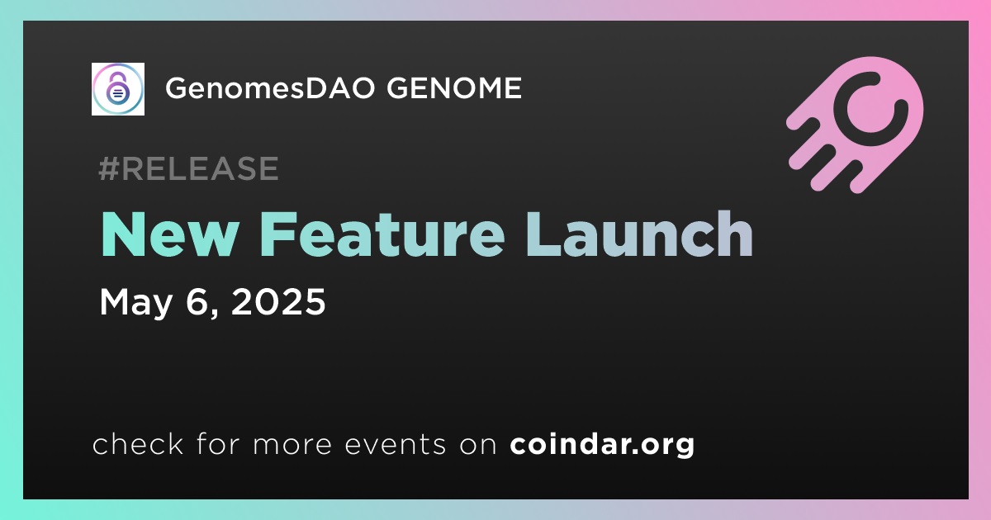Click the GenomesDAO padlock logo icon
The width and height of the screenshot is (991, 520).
coord(117,89)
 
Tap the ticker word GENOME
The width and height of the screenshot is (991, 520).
coord(454,87)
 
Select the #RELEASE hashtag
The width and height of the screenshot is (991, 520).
coord(188,168)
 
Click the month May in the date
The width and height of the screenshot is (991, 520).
coord(135,304)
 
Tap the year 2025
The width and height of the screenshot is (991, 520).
coord(278,301)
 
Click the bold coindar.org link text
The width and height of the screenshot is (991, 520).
coord(602,444)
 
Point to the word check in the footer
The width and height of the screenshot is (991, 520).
coord(138,443)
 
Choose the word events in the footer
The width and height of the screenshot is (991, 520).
coord(395,444)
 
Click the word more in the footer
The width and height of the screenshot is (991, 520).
coord(292,445)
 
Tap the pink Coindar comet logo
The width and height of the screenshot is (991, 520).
coord(855,125)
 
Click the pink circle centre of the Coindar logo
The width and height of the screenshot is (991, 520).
coord(870,109)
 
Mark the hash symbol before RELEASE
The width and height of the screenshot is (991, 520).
coord(109,168)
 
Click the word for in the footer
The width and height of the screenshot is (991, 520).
coord(218,443)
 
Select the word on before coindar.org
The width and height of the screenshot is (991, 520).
coord(478,445)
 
